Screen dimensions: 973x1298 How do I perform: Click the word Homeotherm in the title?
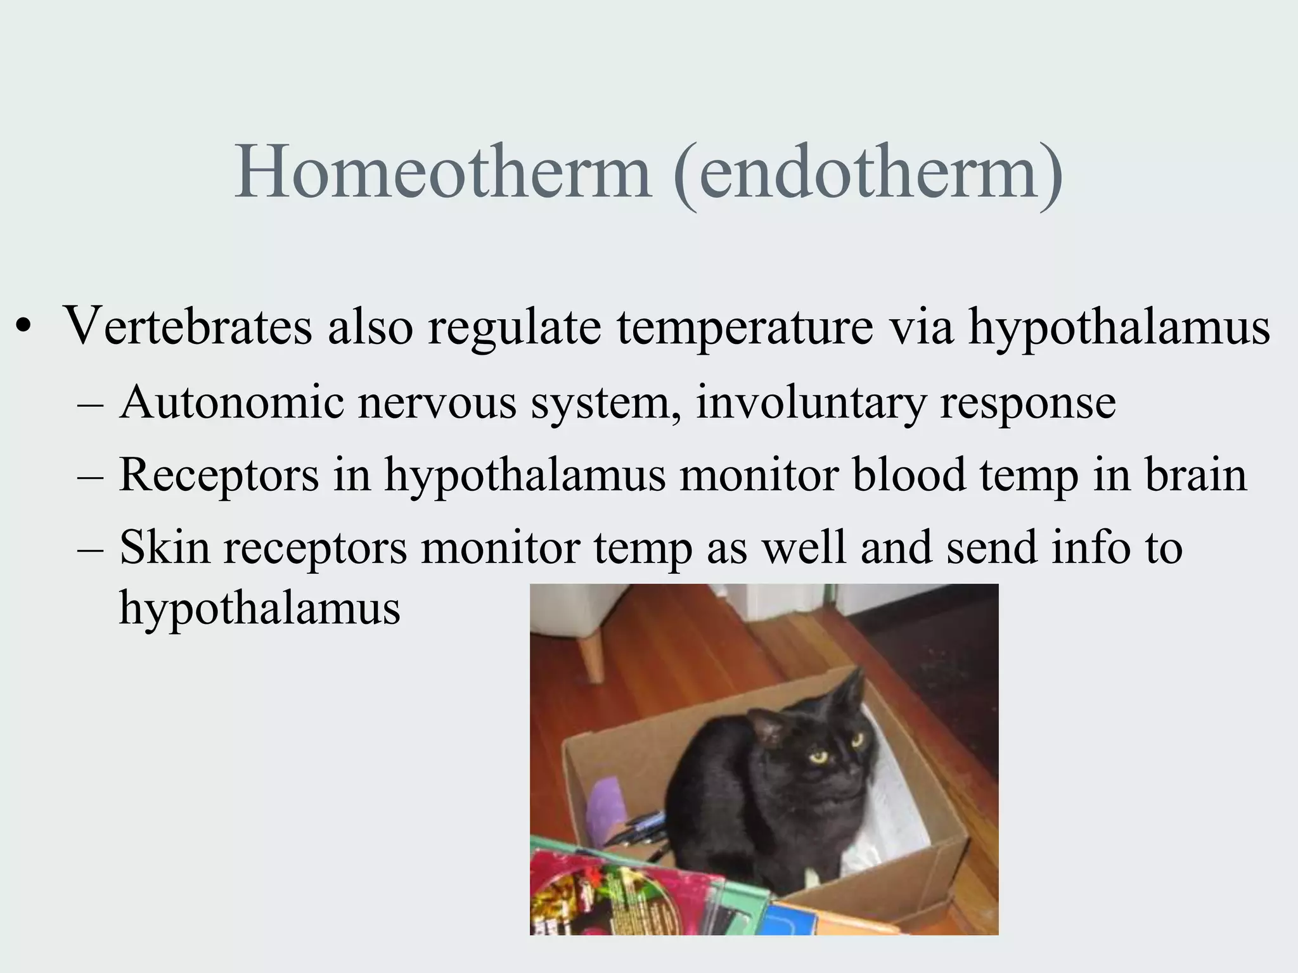442,172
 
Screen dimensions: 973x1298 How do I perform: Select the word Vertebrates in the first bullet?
188,328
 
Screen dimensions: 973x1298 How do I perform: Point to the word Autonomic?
231,403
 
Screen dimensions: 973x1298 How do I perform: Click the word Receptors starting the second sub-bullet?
219,475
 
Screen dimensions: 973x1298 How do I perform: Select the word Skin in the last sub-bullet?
164,547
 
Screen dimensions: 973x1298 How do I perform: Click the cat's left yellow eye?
818,755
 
